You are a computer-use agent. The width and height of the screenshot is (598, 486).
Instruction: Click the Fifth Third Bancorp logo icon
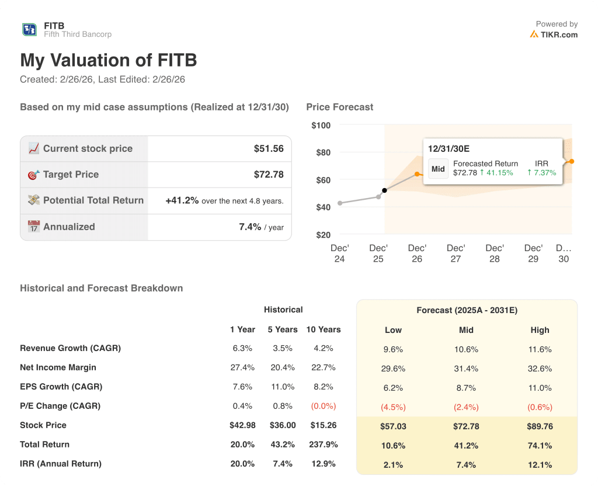29,30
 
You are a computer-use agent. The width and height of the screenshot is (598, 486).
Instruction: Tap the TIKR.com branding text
558,34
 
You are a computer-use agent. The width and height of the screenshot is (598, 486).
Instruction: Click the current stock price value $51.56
269,149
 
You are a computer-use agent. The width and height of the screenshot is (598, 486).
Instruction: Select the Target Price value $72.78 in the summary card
269,175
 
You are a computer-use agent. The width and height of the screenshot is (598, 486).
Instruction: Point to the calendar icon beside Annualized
34,227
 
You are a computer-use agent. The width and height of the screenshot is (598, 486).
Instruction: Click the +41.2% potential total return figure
182,200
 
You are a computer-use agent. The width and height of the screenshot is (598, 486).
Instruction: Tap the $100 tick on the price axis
321,126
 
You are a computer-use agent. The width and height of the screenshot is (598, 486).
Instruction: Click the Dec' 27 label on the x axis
456,254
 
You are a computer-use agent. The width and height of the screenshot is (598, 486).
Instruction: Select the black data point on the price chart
384,190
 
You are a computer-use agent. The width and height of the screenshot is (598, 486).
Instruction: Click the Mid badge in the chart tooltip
438,168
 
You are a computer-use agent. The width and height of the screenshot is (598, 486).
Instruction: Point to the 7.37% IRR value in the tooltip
541,173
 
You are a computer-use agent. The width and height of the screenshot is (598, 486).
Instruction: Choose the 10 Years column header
323,329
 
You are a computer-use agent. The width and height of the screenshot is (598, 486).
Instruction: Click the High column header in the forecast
540,330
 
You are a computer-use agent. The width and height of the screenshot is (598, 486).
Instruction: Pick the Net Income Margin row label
58,367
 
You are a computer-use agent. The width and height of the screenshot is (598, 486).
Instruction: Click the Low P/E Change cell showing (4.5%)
393,407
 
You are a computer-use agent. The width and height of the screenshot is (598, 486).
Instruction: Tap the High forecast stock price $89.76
540,426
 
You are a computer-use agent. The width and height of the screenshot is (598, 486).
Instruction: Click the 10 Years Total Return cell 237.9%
323,445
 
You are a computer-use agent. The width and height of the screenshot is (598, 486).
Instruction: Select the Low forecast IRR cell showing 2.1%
393,464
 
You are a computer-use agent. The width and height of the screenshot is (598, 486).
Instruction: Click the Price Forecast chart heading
339,107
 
